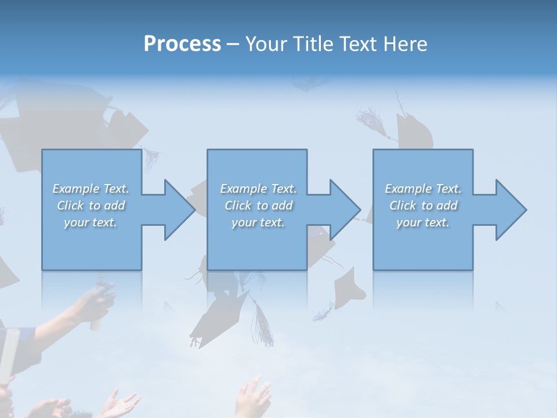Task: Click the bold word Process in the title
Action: point(182,44)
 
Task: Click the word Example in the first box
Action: point(76,189)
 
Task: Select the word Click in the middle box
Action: point(237,206)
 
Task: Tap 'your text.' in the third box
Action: point(423,222)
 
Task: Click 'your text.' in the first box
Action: point(91,222)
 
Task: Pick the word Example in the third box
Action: point(408,189)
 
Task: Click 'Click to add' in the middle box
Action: point(258,206)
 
